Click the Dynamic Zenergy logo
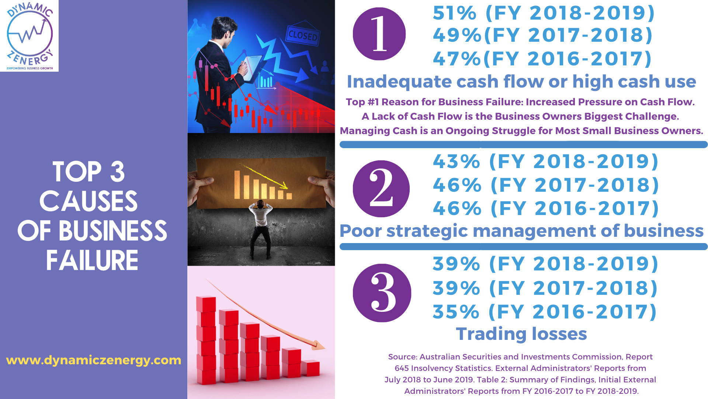pyautogui.click(x=29, y=35)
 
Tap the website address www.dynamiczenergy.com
pyautogui.click(x=94, y=360)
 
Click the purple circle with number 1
pyautogui.click(x=379, y=34)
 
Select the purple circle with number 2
pyautogui.click(x=381, y=189)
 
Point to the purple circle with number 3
pyautogui.click(x=382, y=293)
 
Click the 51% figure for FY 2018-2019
pyautogui.click(x=455, y=13)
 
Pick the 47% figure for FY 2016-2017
pyautogui.click(x=457, y=59)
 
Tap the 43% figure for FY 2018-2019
pyautogui.click(x=457, y=162)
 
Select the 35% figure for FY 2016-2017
pyautogui.click(x=456, y=312)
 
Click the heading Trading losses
pyautogui.click(x=521, y=334)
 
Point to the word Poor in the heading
pyautogui.click(x=361, y=231)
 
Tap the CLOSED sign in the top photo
pyautogui.click(x=303, y=35)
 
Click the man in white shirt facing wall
pyautogui.click(x=260, y=229)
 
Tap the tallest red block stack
pyautogui.click(x=206, y=340)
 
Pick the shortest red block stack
pyautogui.click(x=310, y=368)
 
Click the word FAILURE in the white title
pyautogui.click(x=92, y=260)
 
